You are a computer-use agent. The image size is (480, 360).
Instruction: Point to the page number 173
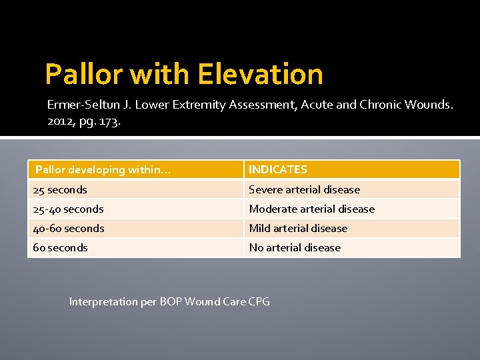[x=109, y=121]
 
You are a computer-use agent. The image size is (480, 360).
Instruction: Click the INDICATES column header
[x=278, y=170]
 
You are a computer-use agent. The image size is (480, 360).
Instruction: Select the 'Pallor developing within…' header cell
[x=103, y=170]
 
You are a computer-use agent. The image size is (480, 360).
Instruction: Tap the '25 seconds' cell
[x=60, y=190]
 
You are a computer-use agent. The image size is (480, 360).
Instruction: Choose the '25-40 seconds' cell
[x=68, y=209]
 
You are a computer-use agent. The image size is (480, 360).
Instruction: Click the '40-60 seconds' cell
[x=69, y=229]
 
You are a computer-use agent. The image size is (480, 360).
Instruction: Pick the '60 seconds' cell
[x=60, y=248]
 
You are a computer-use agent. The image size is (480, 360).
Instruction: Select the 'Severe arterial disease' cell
[x=304, y=190]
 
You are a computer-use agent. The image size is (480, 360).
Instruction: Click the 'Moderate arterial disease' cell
[x=311, y=209]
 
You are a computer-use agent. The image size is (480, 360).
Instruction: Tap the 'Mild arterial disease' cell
[x=298, y=229]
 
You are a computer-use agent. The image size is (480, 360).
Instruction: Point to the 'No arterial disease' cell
[x=295, y=248]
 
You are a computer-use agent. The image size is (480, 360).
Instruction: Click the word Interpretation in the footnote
[x=103, y=302]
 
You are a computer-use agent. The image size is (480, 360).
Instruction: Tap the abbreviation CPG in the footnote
[x=259, y=302]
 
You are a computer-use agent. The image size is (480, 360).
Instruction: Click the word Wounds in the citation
[x=430, y=105]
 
